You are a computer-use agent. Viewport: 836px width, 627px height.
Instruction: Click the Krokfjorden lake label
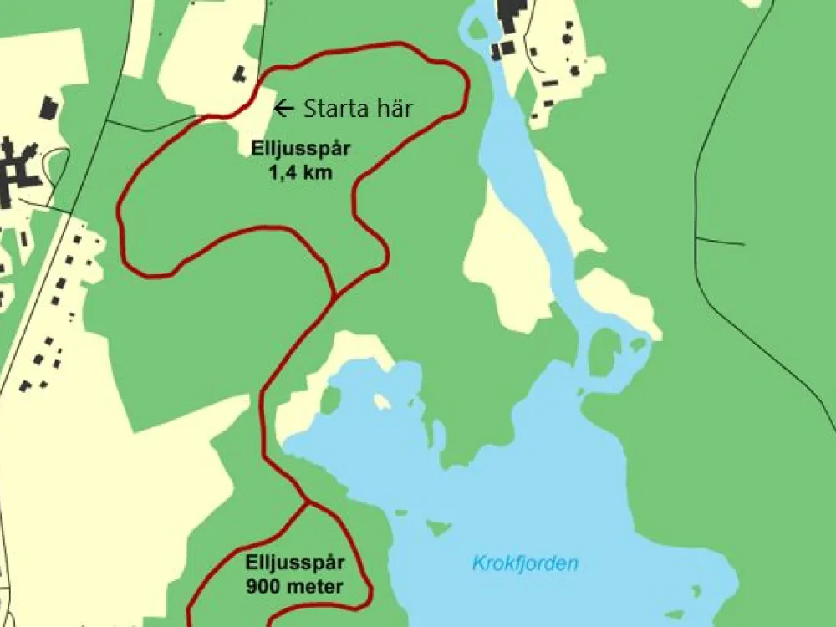coord(525,563)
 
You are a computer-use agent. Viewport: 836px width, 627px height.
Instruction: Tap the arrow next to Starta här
coord(284,107)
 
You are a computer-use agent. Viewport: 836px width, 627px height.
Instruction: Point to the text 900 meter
coord(294,586)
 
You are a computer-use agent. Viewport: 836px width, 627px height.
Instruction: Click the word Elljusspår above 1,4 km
coord(299,150)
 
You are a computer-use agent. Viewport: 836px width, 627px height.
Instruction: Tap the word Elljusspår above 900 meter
coord(295,562)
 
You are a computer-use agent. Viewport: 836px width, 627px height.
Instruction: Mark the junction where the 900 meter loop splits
coord(308,502)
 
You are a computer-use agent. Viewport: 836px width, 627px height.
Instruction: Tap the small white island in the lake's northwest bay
coord(382,402)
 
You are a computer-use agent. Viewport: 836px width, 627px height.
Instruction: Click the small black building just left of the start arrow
coord(240,74)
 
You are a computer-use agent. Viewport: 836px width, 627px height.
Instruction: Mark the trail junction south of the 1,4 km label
coord(334,294)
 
